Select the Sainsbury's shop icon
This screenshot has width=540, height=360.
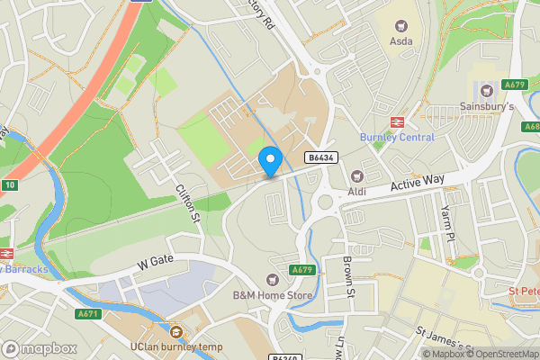(x=487, y=90)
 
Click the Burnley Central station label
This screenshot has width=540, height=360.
(x=397, y=138)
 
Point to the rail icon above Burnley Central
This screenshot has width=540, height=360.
(x=396, y=122)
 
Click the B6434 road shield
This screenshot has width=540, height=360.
(x=321, y=157)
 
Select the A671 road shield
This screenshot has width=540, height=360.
(x=87, y=313)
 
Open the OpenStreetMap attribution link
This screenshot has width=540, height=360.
(x=502, y=354)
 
